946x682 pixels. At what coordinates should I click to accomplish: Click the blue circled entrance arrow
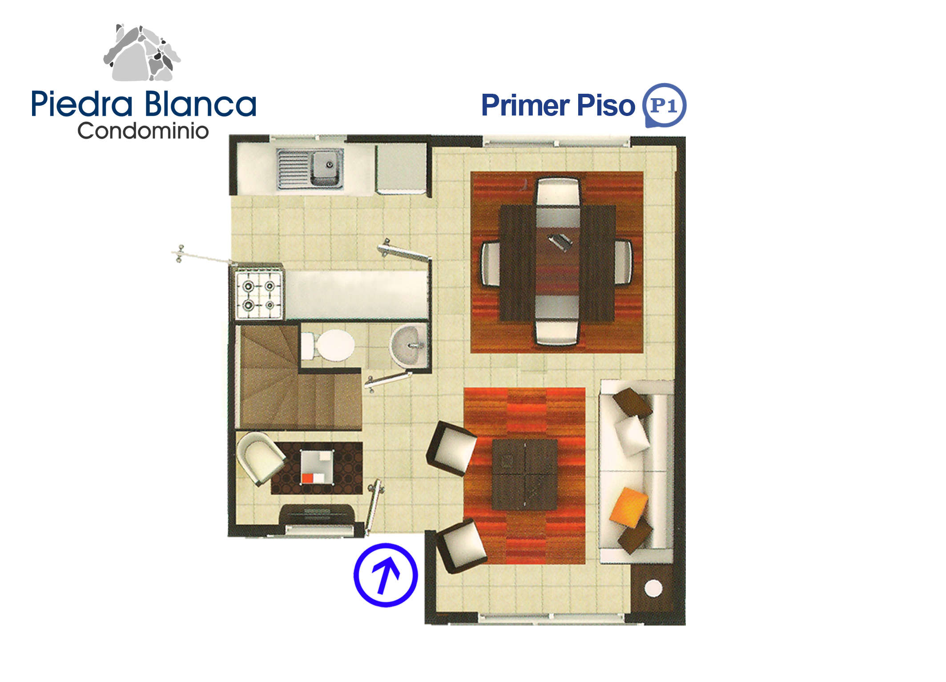pos(386,575)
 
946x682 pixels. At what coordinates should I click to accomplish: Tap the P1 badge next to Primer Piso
pos(664,105)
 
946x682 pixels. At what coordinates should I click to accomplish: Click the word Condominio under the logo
pos(143,131)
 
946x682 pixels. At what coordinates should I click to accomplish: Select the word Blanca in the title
pos(200,104)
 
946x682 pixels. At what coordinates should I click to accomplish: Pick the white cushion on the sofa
pos(632,435)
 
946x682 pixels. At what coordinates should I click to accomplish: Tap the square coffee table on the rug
pos(525,475)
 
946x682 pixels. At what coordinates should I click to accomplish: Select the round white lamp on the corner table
pos(653,588)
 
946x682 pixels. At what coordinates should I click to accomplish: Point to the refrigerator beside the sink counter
pos(401,168)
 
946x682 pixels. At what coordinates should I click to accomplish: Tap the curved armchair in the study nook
pos(260,458)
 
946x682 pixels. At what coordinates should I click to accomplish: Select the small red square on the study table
pos(308,479)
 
